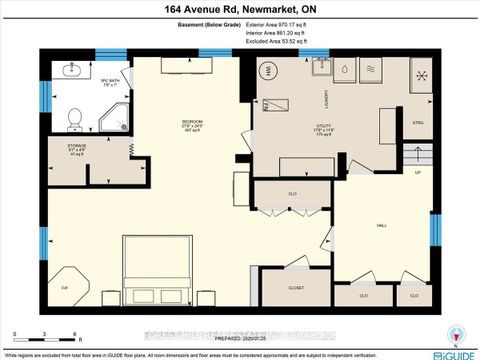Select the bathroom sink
pos(73,73)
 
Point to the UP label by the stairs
pos(418,172)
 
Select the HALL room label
pos(382,227)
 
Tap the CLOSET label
pos(296,287)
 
